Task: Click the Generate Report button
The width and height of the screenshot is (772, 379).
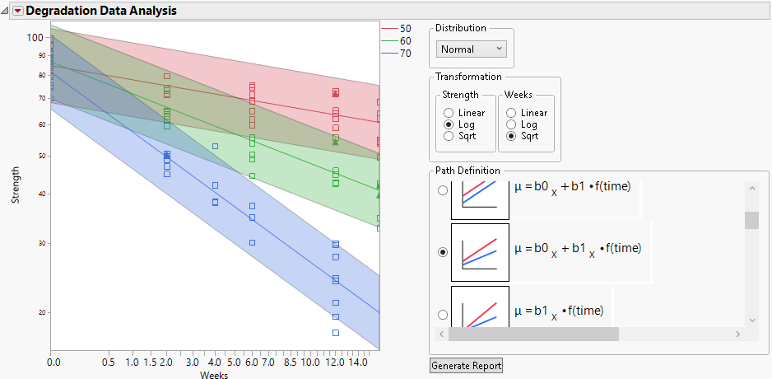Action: (466, 365)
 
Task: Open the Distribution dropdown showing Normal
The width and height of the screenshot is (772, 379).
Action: (472, 49)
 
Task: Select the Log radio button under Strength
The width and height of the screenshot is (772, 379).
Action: (449, 124)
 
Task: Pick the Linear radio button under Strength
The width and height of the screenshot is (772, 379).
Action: (449, 113)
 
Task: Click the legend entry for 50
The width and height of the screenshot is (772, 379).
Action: (396, 29)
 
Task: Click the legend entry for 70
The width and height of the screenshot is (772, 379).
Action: (396, 54)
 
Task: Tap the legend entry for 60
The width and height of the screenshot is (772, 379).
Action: (396, 41)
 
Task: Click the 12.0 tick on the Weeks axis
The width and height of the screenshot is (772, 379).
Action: (336, 363)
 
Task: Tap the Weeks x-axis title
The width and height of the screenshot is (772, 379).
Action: (215, 375)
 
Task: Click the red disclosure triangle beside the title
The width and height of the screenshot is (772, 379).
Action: (17, 11)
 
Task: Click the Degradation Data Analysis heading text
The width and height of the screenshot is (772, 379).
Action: (101, 11)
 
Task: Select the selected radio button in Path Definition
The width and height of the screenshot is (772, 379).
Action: (444, 252)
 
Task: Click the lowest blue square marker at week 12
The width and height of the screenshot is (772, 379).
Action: (336, 333)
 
